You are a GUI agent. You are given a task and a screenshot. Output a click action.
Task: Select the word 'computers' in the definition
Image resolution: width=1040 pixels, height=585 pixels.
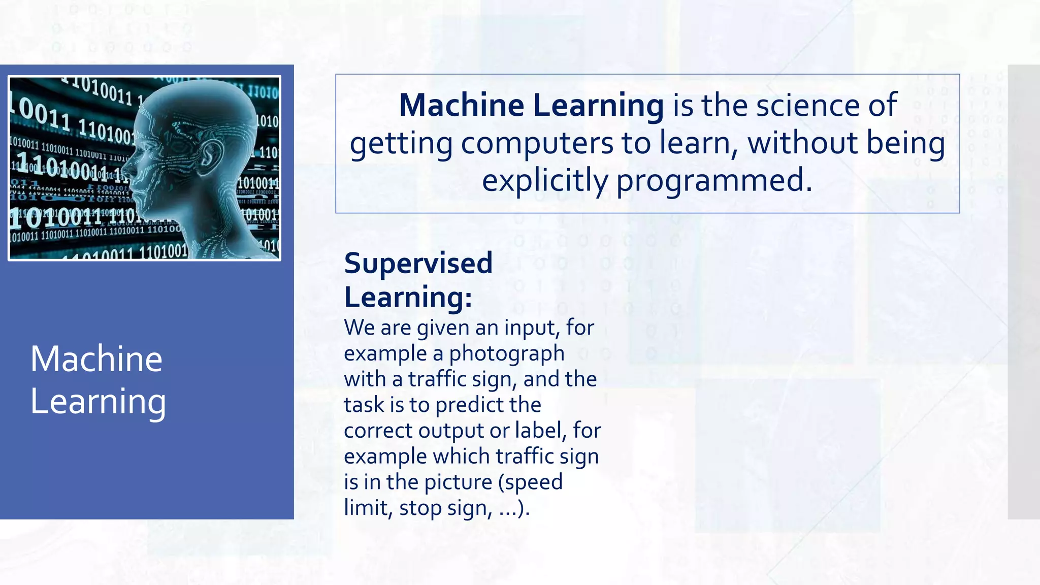(537, 143)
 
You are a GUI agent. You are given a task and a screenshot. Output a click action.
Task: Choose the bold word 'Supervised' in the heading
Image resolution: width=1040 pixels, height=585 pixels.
(418, 263)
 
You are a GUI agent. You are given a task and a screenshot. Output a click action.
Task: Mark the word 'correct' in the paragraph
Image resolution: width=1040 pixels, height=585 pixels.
(378, 430)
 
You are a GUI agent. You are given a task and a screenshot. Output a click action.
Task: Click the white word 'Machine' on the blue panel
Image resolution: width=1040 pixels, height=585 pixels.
(96, 359)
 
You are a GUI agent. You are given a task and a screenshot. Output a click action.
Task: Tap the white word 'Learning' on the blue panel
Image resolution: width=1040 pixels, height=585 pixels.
(98, 401)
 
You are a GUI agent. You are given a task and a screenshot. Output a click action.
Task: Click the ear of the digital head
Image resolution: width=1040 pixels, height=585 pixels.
(211, 154)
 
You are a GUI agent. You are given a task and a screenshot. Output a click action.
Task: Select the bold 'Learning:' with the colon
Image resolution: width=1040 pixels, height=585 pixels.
(408, 297)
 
